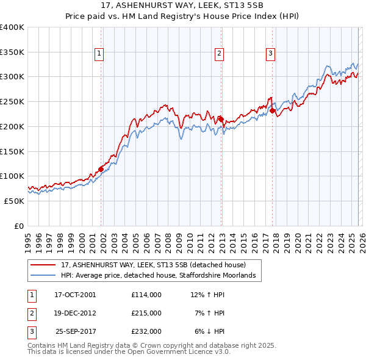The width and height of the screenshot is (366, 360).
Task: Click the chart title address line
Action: tap(182, 6)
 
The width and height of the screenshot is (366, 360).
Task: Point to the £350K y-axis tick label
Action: tap(12, 52)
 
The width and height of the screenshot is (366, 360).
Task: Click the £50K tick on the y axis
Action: tap(15, 201)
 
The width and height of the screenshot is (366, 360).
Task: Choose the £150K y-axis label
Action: tap(12, 151)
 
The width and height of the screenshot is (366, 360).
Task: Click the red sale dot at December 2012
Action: tap(221, 120)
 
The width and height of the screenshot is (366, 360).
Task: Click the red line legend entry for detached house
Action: tap(152, 265)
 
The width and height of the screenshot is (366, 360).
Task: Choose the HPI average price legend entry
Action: tap(157, 276)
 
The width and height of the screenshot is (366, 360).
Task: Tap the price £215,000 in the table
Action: tap(146, 313)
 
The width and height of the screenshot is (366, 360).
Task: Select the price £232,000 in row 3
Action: tap(146, 331)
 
